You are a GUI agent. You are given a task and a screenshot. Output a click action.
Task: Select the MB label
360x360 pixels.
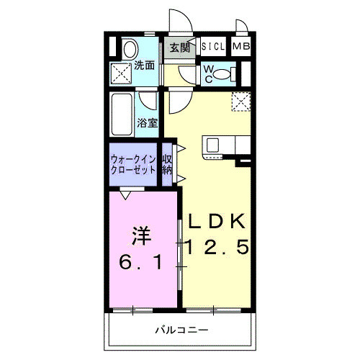240,48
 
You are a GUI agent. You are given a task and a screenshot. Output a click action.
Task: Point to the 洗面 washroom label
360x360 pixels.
145,66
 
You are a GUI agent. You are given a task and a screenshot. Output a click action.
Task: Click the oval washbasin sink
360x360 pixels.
128,49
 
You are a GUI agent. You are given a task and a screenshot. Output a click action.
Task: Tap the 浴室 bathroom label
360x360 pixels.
148,122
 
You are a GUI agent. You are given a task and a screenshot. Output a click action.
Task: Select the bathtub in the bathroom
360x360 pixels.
123,113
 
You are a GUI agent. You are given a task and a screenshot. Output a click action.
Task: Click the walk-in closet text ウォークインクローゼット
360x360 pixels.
133,164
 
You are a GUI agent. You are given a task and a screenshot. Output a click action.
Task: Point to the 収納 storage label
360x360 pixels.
167,164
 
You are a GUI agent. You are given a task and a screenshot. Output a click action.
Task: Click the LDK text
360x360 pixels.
217,221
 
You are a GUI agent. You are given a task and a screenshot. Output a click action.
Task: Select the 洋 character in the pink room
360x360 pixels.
140,235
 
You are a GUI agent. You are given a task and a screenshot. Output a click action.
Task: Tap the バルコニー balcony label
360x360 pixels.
181,330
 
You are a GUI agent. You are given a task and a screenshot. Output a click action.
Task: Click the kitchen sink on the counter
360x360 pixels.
214,145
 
